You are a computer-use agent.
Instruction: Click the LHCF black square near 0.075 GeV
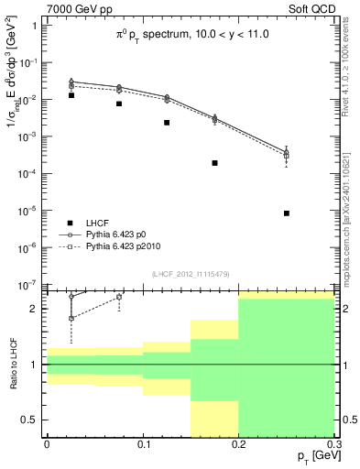pyautogui.click(x=119, y=104)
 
